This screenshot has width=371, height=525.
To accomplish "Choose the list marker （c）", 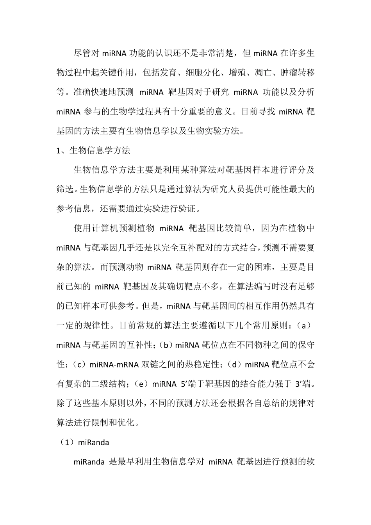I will click(79, 364).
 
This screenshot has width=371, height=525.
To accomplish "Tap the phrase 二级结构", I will click(108, 384).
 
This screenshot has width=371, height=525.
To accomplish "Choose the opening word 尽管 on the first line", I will click(82, 54).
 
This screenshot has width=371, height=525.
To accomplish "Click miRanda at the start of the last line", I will click(89, 462).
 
